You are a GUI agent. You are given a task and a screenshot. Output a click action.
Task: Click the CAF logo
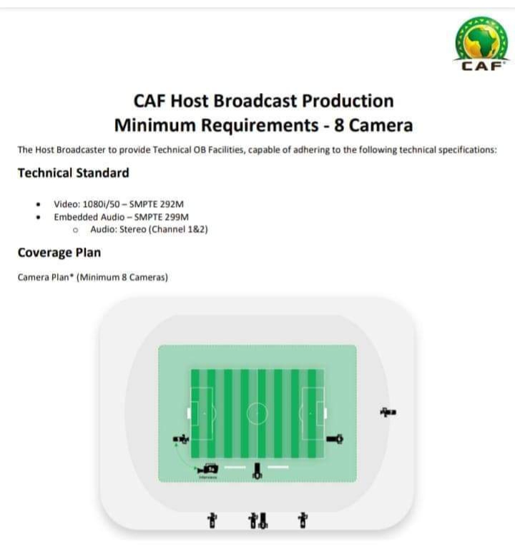482,44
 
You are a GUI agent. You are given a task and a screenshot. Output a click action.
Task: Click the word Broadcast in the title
256,101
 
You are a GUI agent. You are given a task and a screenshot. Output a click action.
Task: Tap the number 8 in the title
339,125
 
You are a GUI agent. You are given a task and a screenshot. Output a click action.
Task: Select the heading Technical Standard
74,173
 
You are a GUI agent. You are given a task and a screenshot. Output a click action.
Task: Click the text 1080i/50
102,204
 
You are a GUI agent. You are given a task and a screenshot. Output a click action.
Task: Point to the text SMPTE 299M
162,217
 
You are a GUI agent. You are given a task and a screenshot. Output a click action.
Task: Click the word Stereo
133,229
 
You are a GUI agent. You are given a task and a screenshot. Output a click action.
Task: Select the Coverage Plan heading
59,253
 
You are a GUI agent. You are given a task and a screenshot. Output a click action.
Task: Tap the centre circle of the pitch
257,404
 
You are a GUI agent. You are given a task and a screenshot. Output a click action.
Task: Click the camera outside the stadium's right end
388,412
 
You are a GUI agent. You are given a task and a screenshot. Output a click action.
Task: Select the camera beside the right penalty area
335,439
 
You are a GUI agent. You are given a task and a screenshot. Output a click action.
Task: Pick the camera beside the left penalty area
181,439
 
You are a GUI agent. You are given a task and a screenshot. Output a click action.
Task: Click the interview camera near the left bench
207,469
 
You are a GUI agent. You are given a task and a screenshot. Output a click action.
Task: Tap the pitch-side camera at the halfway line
257,471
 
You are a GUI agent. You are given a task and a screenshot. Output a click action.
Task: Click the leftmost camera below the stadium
212,521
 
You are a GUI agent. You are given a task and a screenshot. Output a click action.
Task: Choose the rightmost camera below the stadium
303,520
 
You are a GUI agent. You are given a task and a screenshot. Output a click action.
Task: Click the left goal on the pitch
189,414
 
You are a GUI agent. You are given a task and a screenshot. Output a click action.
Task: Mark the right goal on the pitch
325,414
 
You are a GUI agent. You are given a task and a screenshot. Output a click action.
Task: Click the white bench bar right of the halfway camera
278,467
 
